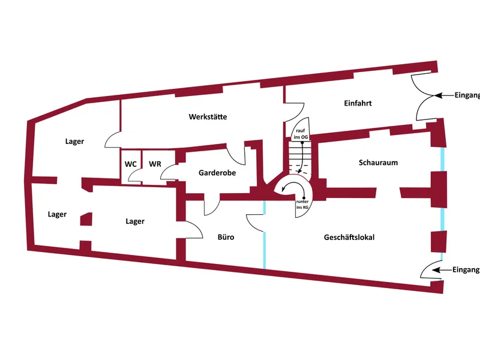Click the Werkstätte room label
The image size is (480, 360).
coord(208,116)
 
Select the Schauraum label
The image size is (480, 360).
coord(378,163)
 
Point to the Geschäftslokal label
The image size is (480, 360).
coord(349,237)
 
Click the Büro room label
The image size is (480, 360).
coord(226,237)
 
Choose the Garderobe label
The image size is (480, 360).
coord(217,173)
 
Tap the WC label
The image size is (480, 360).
coord(130,164)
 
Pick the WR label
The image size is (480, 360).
coord(155,164)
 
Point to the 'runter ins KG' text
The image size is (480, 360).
coord(302,206)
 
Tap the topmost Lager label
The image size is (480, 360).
coord(75,142)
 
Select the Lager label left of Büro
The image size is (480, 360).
coord(135,221)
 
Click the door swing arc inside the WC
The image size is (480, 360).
coord(136,176)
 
